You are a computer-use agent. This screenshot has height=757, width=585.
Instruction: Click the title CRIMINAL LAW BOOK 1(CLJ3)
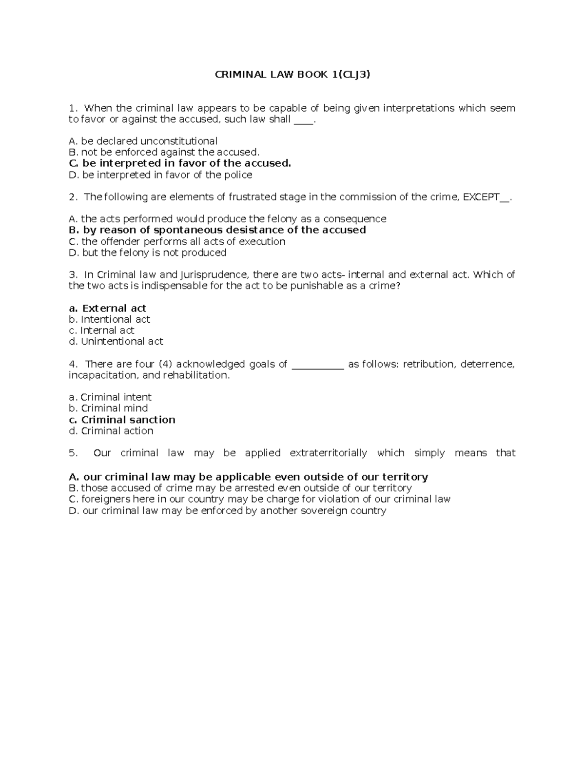[x=292, y=75]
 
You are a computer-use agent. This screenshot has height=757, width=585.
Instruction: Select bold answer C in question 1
[x=180, y=163]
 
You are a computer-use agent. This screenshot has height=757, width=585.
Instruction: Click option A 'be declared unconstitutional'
[x=143, y=141]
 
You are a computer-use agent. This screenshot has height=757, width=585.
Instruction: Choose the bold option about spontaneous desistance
[x=217, y=230]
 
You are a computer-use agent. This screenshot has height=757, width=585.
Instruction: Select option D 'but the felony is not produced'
[x=148, y=252]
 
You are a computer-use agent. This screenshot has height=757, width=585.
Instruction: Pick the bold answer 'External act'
[x=108, y=309]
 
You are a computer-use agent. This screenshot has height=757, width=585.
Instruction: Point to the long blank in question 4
[x=318, y=365]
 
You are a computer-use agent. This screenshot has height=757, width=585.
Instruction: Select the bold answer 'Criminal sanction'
[x=122, y=420]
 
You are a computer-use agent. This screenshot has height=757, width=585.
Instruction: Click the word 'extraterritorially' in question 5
[x=329, y=453]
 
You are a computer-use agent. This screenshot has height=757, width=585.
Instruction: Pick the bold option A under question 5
[x=249, y=477]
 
